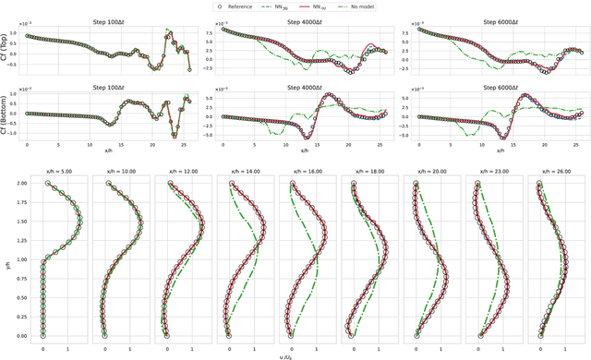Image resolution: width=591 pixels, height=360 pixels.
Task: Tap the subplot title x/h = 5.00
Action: (55, 170)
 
